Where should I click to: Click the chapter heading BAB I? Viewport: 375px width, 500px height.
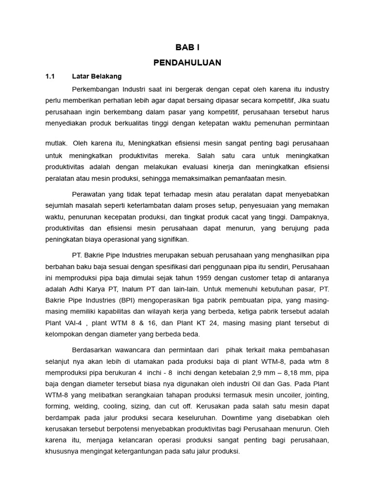pos(187,47)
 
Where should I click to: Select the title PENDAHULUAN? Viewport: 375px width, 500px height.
pos(187,62)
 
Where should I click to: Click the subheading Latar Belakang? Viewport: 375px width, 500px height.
pos(97,77)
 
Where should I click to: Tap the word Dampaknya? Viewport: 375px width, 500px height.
pos(310,216)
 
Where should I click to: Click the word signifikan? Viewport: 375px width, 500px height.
pos(171,239)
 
